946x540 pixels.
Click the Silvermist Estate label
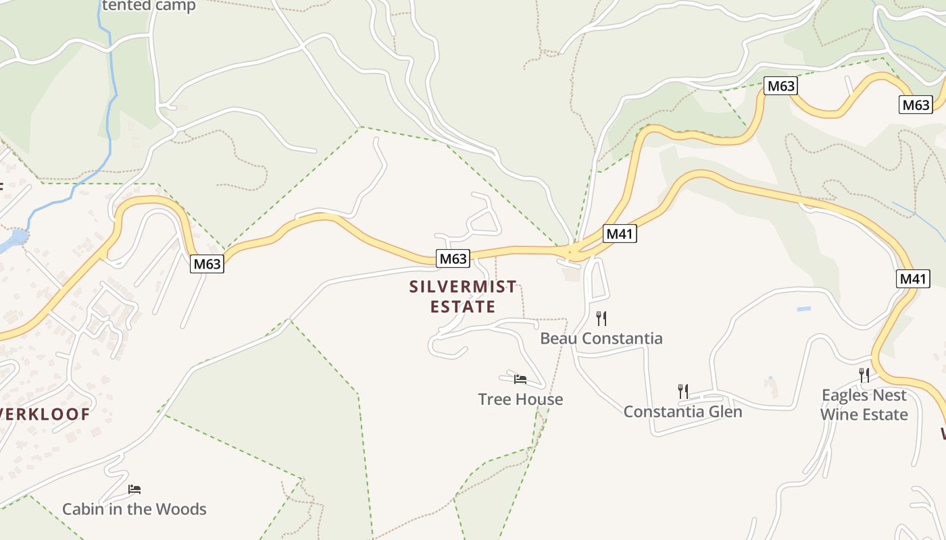(x=463, y=297)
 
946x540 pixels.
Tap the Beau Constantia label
(x=601, y=338)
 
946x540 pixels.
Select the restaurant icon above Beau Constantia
(x=601, y=318)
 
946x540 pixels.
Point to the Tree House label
(x=520, y=399)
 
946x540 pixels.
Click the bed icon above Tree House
(x=520, y=379)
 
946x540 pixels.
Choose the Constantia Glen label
(x=682, y=411)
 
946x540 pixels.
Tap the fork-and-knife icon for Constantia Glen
(x=683, y=391)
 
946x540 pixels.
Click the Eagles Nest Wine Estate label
(x=864, y=404)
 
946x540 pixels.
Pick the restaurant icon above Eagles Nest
(x=864, y=375)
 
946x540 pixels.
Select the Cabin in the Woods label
(x=134, y=508)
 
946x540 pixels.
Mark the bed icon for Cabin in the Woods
(x=134, y=489)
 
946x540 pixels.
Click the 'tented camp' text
(x=149, y=6)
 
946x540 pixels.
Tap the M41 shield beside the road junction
(x=620, y=234)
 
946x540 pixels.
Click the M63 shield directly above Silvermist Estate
(x=453, y=259)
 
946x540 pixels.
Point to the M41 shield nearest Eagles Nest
(x=914, y=278)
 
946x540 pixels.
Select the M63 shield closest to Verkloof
(x=207, y=264)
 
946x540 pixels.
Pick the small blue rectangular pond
(x=803, y=309)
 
